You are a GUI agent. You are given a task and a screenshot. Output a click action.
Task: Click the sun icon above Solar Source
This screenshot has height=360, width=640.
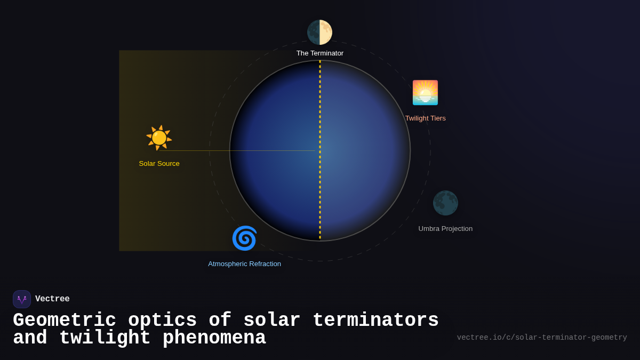tap(159, 138)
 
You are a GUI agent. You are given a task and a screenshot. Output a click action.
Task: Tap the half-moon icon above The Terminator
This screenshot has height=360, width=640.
tap(319, 32)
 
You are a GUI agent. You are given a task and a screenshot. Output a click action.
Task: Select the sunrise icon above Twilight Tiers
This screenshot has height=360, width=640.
tap(425, 93)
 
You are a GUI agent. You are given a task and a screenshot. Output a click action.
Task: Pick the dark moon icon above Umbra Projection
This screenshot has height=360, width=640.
tap(445, 203)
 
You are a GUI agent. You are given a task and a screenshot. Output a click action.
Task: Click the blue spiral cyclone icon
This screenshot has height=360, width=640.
tap(244, 238)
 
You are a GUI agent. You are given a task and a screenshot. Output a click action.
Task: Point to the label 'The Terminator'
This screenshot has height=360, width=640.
tap(319, 53)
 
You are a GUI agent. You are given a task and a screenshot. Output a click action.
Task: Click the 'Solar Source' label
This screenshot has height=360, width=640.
tap(159, 164)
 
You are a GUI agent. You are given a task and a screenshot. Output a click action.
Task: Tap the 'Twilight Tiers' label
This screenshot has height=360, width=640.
tap(425, 118)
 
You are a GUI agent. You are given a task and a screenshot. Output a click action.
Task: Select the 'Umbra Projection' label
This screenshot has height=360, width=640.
tap(445, 229)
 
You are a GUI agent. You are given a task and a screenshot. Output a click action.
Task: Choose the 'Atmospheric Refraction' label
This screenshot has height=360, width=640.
tap(244, 264)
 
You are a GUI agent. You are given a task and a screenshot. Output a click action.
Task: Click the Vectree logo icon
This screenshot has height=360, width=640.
tap(22, 299)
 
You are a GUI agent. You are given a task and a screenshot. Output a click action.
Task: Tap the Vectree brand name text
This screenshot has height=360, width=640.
tap(52, 299)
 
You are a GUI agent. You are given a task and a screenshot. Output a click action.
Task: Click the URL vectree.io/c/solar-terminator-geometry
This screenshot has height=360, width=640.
tap(542, 338)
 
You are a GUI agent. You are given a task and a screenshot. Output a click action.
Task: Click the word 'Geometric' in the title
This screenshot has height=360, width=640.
tap(65, 321)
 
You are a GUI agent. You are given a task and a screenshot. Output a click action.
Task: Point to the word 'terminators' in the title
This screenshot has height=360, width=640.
tap(375, 321)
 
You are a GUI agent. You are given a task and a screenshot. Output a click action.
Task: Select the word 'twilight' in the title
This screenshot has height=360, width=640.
tap(105, 338)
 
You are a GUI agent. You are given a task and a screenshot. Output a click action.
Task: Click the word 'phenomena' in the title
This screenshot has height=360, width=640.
tap(214, 338)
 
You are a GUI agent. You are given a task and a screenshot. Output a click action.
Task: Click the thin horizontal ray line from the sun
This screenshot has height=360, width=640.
tap(240, 150)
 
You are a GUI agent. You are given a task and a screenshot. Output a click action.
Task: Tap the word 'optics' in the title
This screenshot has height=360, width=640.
tap(162, 321)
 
